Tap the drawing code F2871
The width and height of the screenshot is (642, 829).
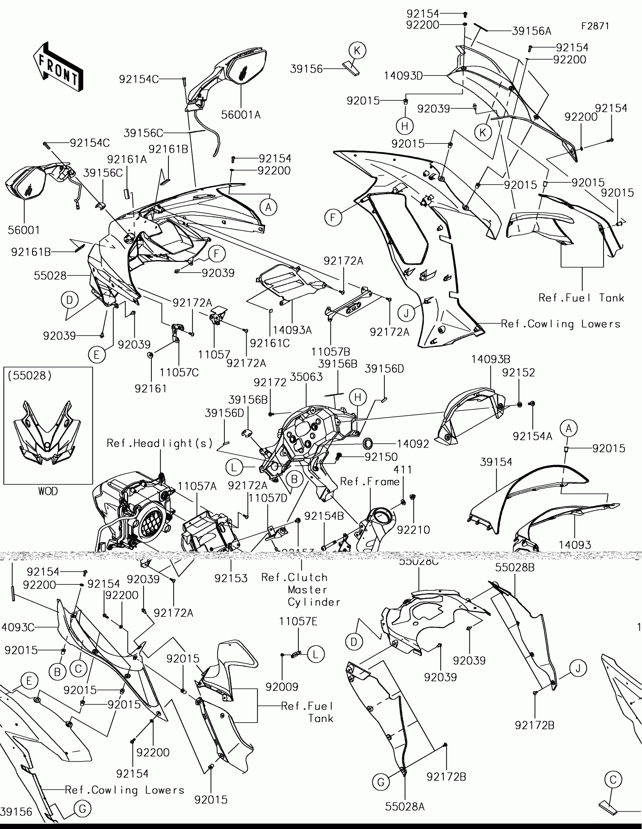point(595,26)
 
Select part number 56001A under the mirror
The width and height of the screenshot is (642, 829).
point(241,115)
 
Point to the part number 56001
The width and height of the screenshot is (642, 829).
point(23,230)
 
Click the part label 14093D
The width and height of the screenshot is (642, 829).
point(403,76)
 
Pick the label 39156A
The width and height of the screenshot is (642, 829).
point(531,31)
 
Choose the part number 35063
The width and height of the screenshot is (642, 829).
point(306,377)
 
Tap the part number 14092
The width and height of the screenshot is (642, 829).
point(413,443)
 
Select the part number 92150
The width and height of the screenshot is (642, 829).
point(381,457)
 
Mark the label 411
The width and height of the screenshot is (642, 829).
point(403,470)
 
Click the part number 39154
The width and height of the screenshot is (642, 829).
point(496,462)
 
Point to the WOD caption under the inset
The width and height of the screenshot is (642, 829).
point(48,491)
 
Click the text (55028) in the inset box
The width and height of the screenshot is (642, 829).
point(29,375)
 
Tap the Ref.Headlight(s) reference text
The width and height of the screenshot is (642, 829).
point(160,443)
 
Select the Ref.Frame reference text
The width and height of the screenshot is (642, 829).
point(370,481)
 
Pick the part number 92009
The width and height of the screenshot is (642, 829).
point(282,687)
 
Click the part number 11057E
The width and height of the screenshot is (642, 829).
point(298,621)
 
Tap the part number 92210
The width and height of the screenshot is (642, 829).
point(414,530)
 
